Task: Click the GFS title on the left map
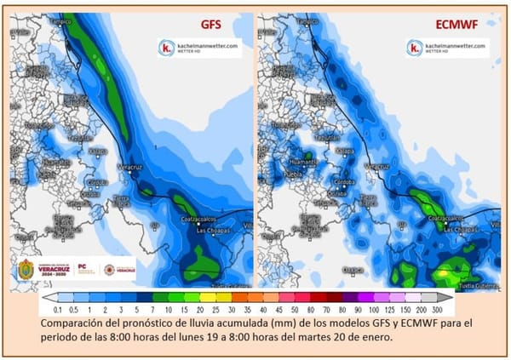point(210,26)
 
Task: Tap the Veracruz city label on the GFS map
point(128,165)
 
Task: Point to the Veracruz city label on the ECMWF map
point(377,164)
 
